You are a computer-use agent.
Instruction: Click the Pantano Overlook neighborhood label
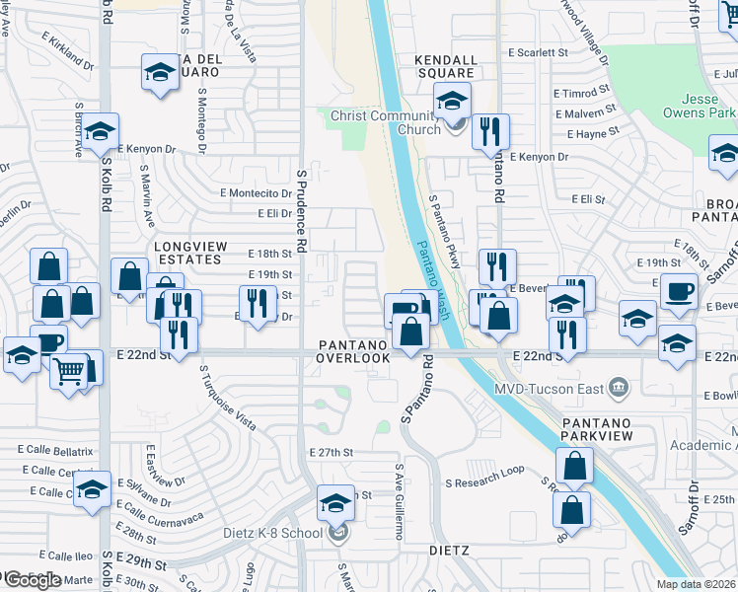tap(353, 351)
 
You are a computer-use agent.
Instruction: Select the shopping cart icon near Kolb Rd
tap(68, 372)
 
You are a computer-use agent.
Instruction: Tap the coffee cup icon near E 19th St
tap(678, 292)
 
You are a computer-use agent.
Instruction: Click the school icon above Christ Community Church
tap(452, 99)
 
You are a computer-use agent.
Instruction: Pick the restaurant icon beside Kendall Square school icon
tap(489, 131)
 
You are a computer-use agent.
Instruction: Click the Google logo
tap(32, 580)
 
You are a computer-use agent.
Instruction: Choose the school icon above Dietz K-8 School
tap(335, 502)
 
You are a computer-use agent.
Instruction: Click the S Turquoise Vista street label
tap(227, 399)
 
